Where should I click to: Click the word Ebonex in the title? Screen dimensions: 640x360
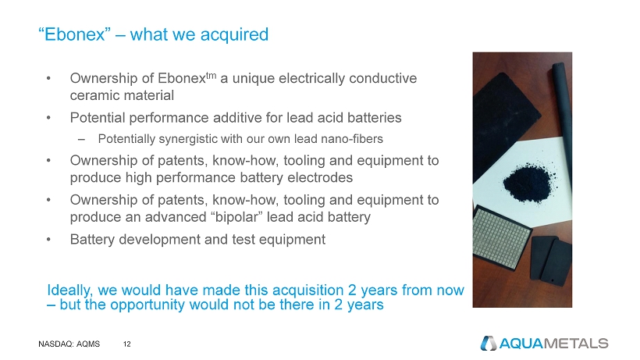pos(75,34)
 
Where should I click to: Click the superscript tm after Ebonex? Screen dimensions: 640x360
pos(211,76)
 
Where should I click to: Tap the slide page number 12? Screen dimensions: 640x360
pos(127,344)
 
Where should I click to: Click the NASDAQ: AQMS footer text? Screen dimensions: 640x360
pos(69,344)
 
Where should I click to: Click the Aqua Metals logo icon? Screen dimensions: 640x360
pos(488,344)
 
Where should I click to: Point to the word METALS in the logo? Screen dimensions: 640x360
pos(576,344)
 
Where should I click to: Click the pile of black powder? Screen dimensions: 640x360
pos(528,183)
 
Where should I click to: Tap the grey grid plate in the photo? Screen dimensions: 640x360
pos(501,238)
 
